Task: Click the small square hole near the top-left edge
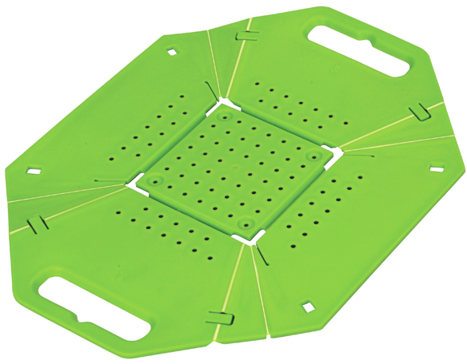[170, 53]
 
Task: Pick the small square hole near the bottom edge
[305, 307]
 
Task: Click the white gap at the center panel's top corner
[222, 103]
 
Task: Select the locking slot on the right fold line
[417, 113]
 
